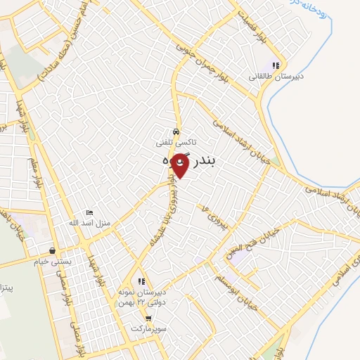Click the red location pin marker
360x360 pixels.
coord(180,165)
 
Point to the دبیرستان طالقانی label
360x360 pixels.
coord(267,76)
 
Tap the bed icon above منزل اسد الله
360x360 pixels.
coord(89,212)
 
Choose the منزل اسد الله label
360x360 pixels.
coord(93,223)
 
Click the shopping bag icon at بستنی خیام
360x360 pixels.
coord(52,250)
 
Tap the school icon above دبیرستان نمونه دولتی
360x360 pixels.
coord(142,281)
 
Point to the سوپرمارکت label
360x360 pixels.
coord(148,328)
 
